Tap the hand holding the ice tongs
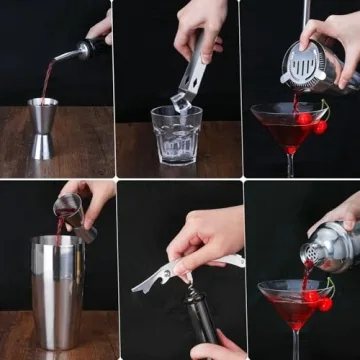[x=205, y=25]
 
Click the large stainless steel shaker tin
[x=57, y=290]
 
